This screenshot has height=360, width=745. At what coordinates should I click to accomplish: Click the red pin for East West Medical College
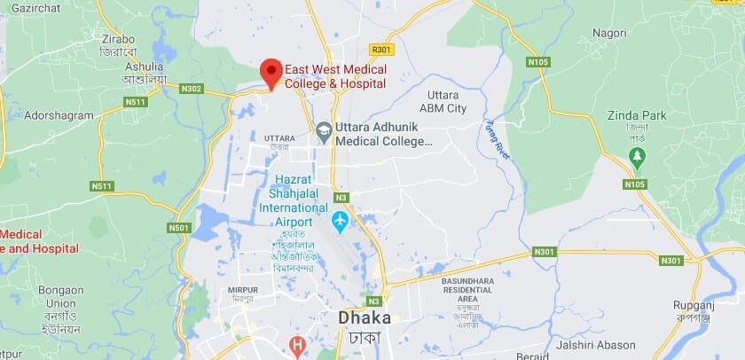click(x=271, y=71)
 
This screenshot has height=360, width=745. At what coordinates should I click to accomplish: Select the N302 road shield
click(x=192, y=89)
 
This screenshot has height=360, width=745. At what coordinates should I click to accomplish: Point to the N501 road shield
click(x=179, y=228)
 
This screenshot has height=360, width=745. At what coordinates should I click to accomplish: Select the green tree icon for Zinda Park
click(x=636, y=157)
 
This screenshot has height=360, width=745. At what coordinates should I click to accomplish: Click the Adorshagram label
click(x=59, y=115)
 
